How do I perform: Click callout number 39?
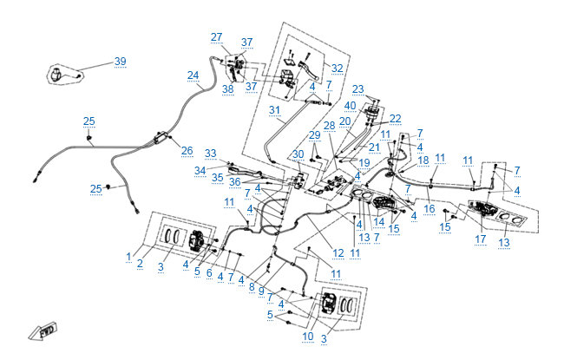(x=120, y=62)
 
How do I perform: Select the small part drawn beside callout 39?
(x=62, y=75)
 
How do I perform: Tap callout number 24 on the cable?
(x=193, y=75)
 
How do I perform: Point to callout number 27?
(x=216, y=36)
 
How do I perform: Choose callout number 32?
(x=337, y=68)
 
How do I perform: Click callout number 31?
(x=275, y=110)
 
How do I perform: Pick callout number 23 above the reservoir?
(x=357, y=89)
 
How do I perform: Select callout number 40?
(x=351, y=106)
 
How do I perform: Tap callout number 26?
(x=187, y=151)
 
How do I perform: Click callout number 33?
(x=210, y=154)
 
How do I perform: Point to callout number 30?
(x=298, y=154)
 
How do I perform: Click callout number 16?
(x=429, y=209)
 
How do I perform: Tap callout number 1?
(x=128, y=258)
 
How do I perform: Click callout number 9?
(x=260, y=291)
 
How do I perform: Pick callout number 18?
(x=423, y=160)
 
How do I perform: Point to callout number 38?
(x=227, y=88)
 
